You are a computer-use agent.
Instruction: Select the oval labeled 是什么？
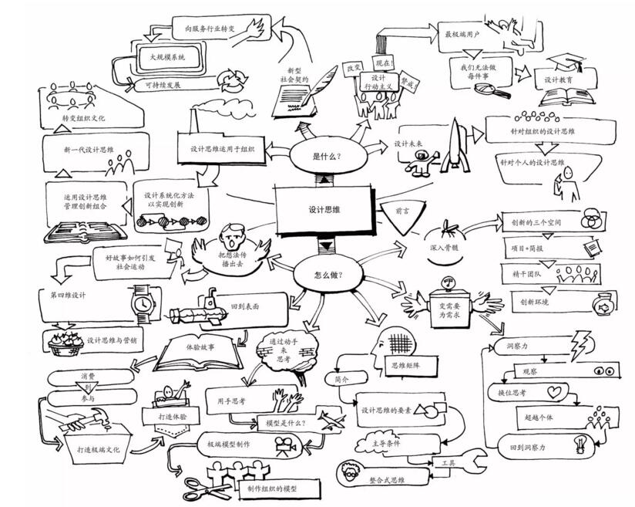click(x=327, y=157)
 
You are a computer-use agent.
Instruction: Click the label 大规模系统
click(x=167, y=56)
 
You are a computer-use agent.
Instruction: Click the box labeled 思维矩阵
click(x=409, y=365)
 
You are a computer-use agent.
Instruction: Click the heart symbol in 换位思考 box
click(x=554, y=393)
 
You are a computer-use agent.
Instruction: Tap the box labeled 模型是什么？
click(x=286, y=423)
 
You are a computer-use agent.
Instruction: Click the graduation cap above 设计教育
click(x=569, y=63)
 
